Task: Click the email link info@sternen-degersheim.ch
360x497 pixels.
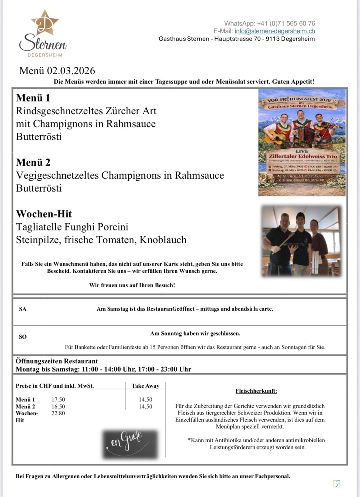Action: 275,31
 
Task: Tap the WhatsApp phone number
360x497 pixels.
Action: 286,23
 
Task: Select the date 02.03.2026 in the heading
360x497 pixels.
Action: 71,71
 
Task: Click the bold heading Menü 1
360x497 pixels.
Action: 33,98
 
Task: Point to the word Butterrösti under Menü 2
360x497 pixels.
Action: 39,188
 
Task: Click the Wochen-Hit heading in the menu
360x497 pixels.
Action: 44,214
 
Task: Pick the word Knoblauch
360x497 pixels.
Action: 163,240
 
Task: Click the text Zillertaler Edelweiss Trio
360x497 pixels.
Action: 303,156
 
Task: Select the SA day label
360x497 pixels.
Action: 23,309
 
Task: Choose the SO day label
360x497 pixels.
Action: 23,337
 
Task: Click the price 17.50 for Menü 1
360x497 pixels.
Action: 58,400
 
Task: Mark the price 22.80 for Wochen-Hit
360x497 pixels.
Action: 58,413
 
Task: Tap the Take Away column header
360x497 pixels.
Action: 145,386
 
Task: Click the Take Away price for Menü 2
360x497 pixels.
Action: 145,407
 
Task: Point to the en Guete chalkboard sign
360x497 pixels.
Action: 130,444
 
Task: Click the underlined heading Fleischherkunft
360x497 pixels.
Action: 256,391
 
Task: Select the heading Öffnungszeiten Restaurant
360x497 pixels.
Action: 57,361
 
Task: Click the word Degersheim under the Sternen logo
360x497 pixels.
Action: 45,55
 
